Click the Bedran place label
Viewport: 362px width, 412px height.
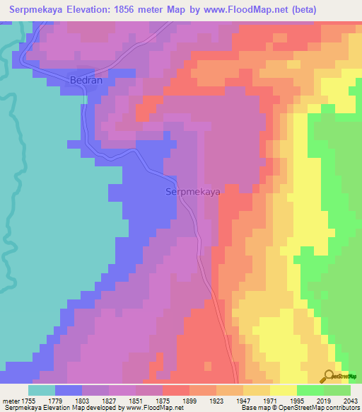tap(86, 81)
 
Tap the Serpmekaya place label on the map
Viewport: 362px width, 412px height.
tap(192, 192)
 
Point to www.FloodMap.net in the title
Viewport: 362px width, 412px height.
tap(250, 9)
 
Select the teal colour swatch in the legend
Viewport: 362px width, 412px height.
tap(42, 390)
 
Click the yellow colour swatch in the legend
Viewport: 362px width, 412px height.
tap(284, 390)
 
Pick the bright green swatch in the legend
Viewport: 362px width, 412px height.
tap(310, 390)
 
